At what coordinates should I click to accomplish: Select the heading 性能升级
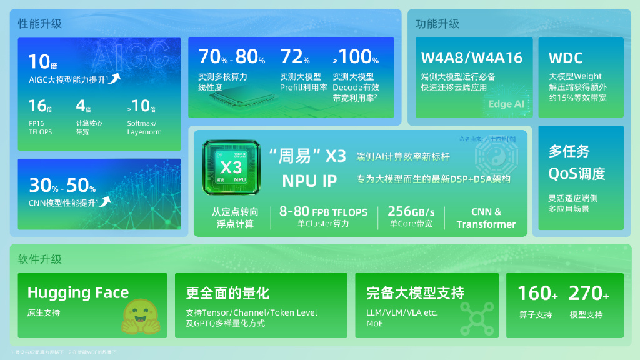pyautogui.click(x=40, y=24)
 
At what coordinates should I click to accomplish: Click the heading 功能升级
pyautogui.click(x=437, y=24)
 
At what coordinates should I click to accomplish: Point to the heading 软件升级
pyautogui.click(x=40, y=259)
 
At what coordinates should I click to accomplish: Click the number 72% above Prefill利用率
pyautogui.click(x=295, y=57)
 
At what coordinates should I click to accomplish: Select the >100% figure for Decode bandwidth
pyautogui.click(x=356, y=57)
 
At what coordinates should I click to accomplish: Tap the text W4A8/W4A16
pyautogui.click(x=471, y=58)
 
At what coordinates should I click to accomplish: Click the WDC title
pyautogui.click(x=566, y=58)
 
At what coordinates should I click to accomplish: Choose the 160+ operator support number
pyautogui.click(x=537, y=292)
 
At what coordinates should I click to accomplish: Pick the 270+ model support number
pyautogui.click(x=588, y=292)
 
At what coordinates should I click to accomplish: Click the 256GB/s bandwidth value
pyautogui.click(x=411, y=211)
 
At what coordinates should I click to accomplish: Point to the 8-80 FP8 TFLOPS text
pyautogui.click(x=323, y=211)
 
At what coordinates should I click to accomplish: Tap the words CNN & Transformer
pyautogui.click(x=486, y=218)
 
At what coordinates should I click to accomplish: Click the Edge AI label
pyautogui.click(x=506, y=104)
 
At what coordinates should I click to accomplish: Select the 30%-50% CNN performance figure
pyautogui.click(x=62, y=186)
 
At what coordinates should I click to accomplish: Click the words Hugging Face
pyautogui.click(x=78, y=292)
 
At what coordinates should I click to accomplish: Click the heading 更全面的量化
pyautogui.click(x=227, y=292)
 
